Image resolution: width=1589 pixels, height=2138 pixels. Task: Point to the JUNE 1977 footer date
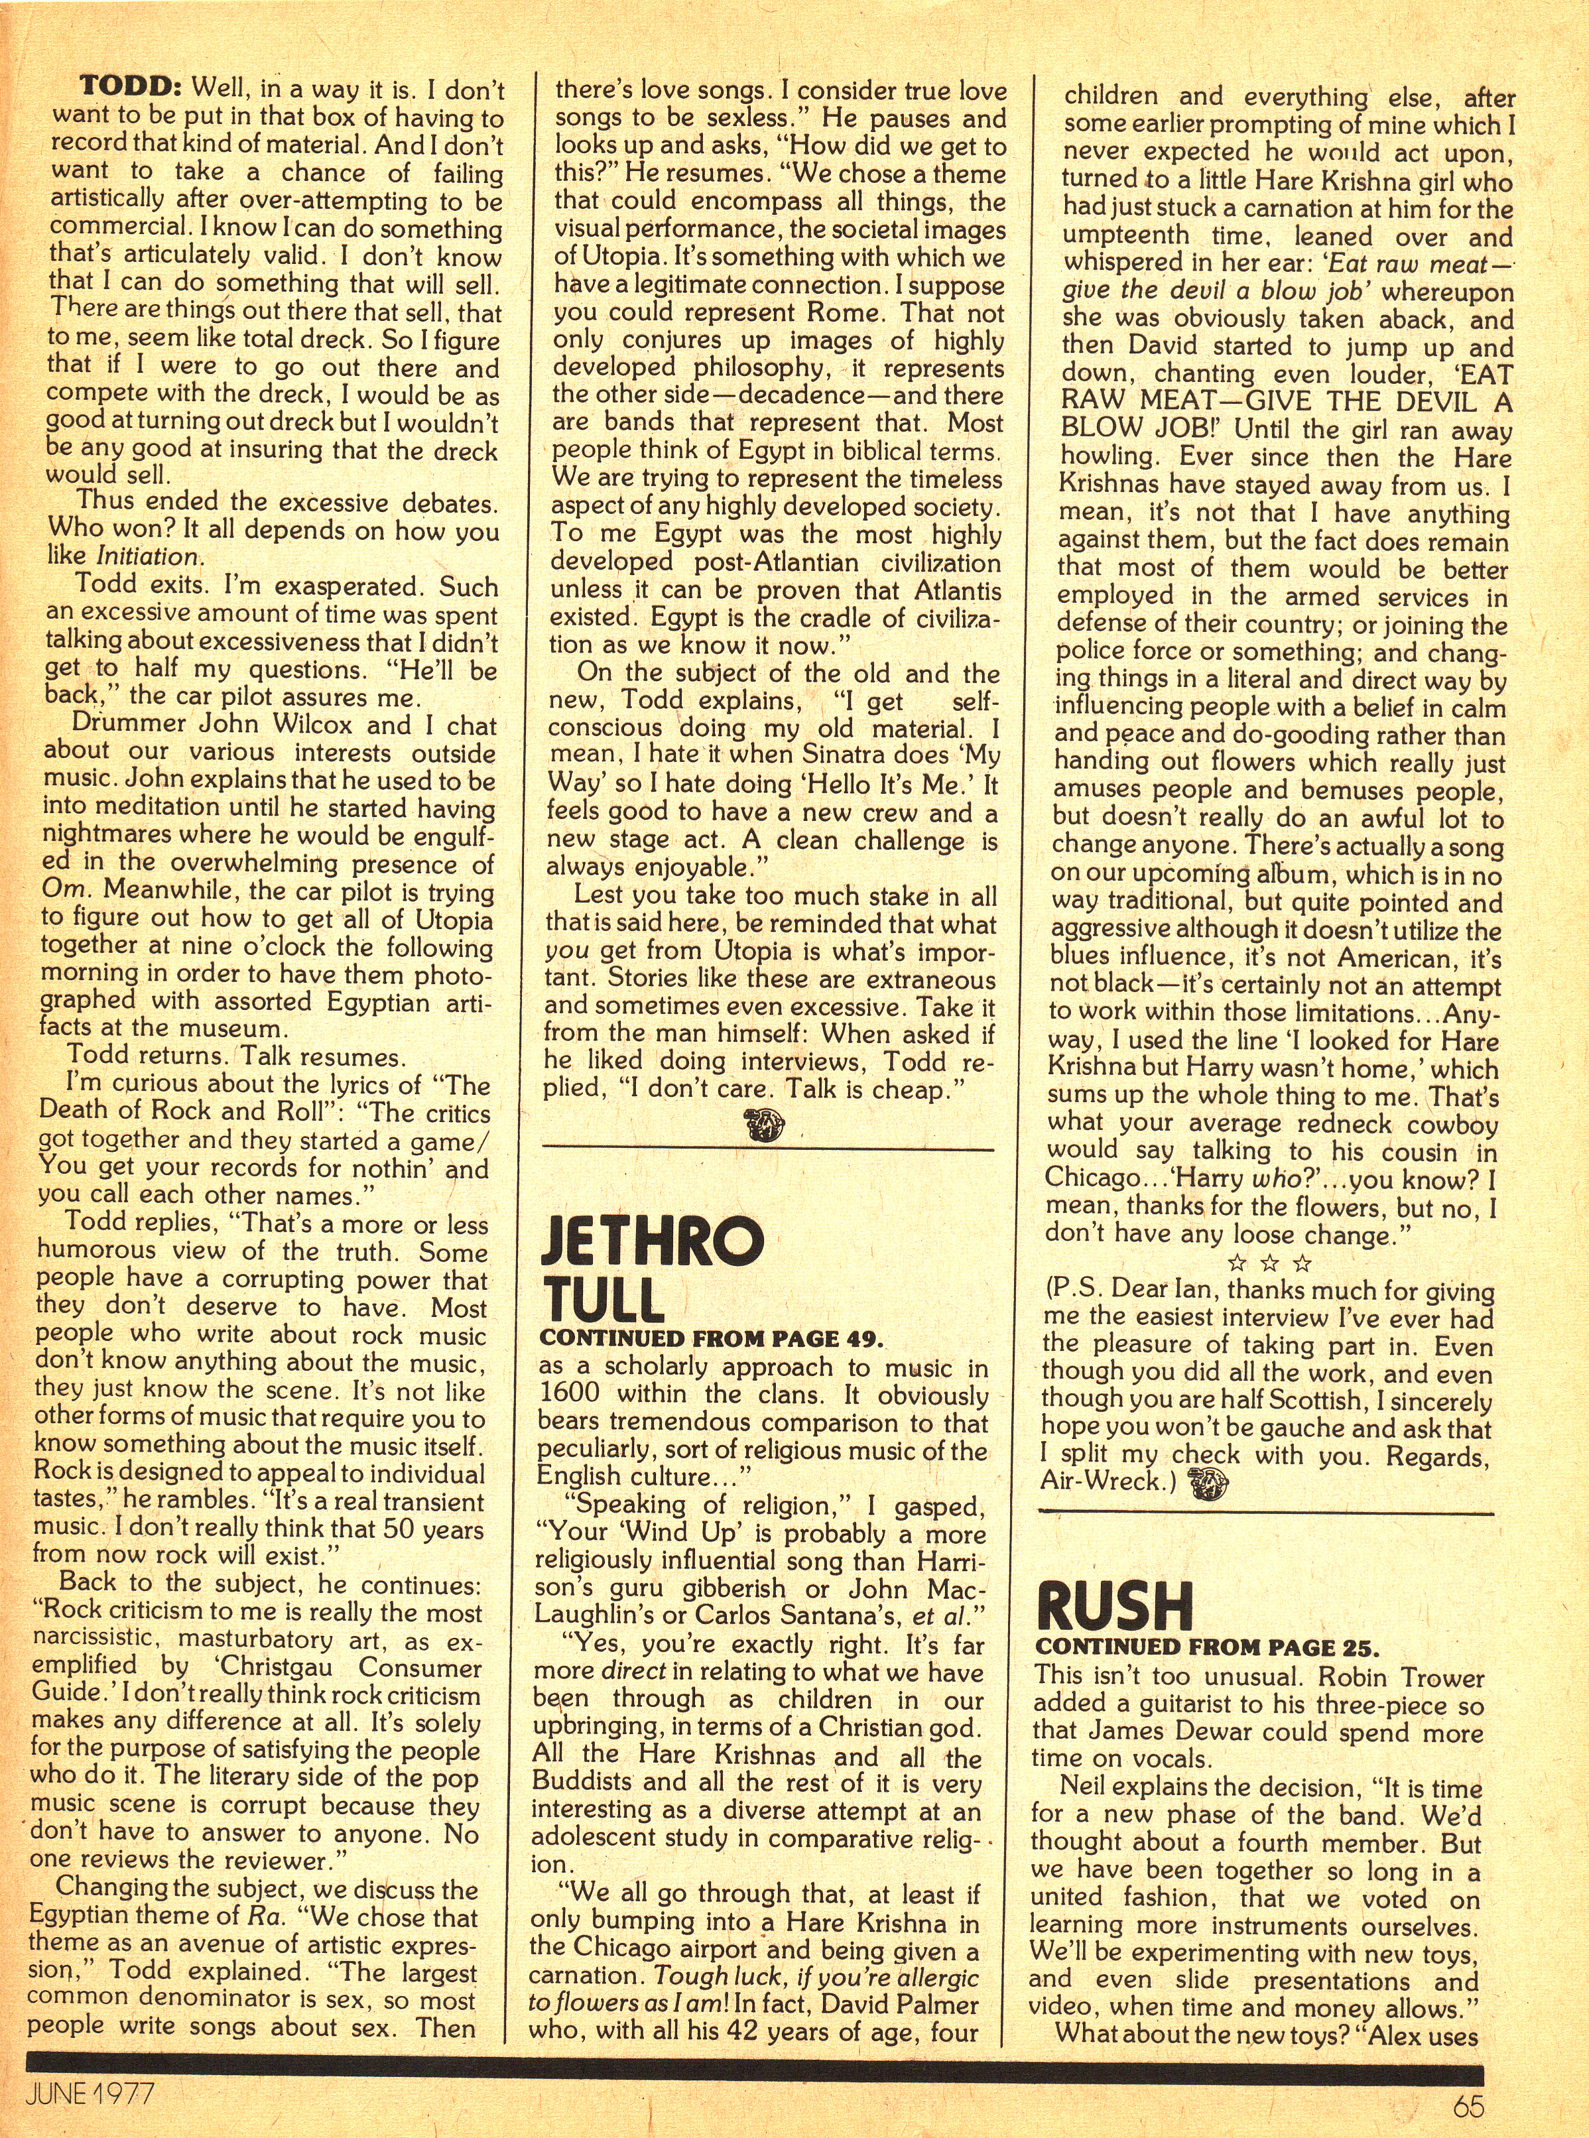92,2091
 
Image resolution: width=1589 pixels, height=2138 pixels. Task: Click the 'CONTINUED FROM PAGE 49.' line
711,1338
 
